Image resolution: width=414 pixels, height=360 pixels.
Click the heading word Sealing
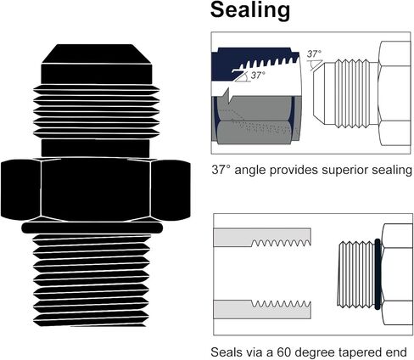pyautogui.click(x=250, y=10)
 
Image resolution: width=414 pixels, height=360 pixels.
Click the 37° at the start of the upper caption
pyautogui.click(x=221, y=170)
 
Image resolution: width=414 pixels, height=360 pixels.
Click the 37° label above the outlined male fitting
pyautogui.click(x=314, y=53)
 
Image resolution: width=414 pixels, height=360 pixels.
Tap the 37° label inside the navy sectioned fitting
pyautogui.click(x=258, y=76)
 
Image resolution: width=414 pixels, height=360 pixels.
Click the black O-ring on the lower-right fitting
pyautogui.click(x=378, y=274)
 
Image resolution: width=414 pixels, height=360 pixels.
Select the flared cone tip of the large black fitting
pyautogui.click(x=97, y=53)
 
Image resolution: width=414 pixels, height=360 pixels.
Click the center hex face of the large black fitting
pyautogui.click(x=96, y=189)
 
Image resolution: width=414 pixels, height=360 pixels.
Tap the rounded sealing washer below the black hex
pyautogui.click(x=92, y=228)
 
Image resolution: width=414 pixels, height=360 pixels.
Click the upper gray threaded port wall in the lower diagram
pyautogui.click(x=262, y=238)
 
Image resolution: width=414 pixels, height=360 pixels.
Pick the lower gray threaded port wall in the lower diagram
pyautogui.click(x=262, y=309)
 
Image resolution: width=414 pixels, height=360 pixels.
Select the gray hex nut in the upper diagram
pyautogui.click(x=255, y=121)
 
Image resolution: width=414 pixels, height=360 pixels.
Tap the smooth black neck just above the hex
pyautogui.click(x=95, y=148)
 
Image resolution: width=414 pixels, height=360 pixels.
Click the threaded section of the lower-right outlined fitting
pyautogui.click(x=356, y=274)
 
